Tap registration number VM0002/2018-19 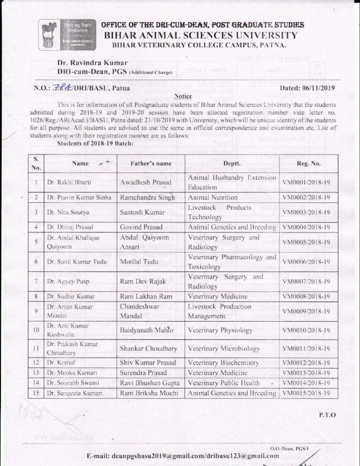(x=306, y=198)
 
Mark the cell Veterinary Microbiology (x=224, y=349)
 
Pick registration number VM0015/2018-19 (x=306, y=393)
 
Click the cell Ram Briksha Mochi (x=149, y=393)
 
